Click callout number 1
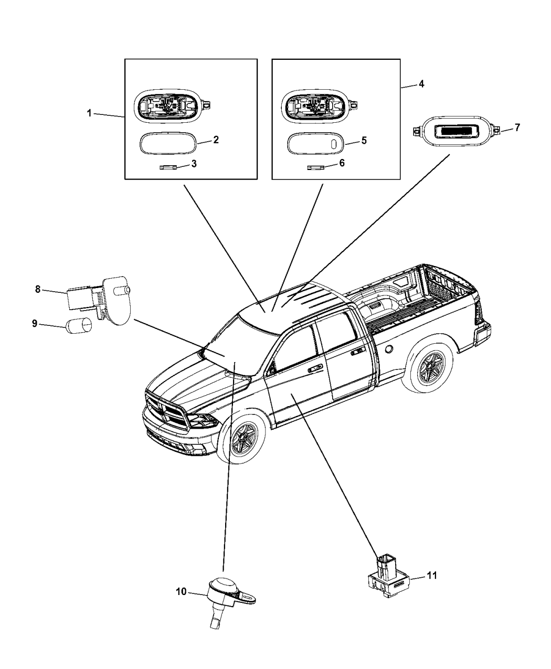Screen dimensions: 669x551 89,113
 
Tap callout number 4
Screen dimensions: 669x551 421,84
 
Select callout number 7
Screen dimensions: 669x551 517,127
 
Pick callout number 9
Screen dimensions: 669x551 35,324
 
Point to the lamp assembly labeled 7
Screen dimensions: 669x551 455,127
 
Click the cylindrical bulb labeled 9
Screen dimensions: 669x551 78,325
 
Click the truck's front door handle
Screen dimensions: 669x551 315,369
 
